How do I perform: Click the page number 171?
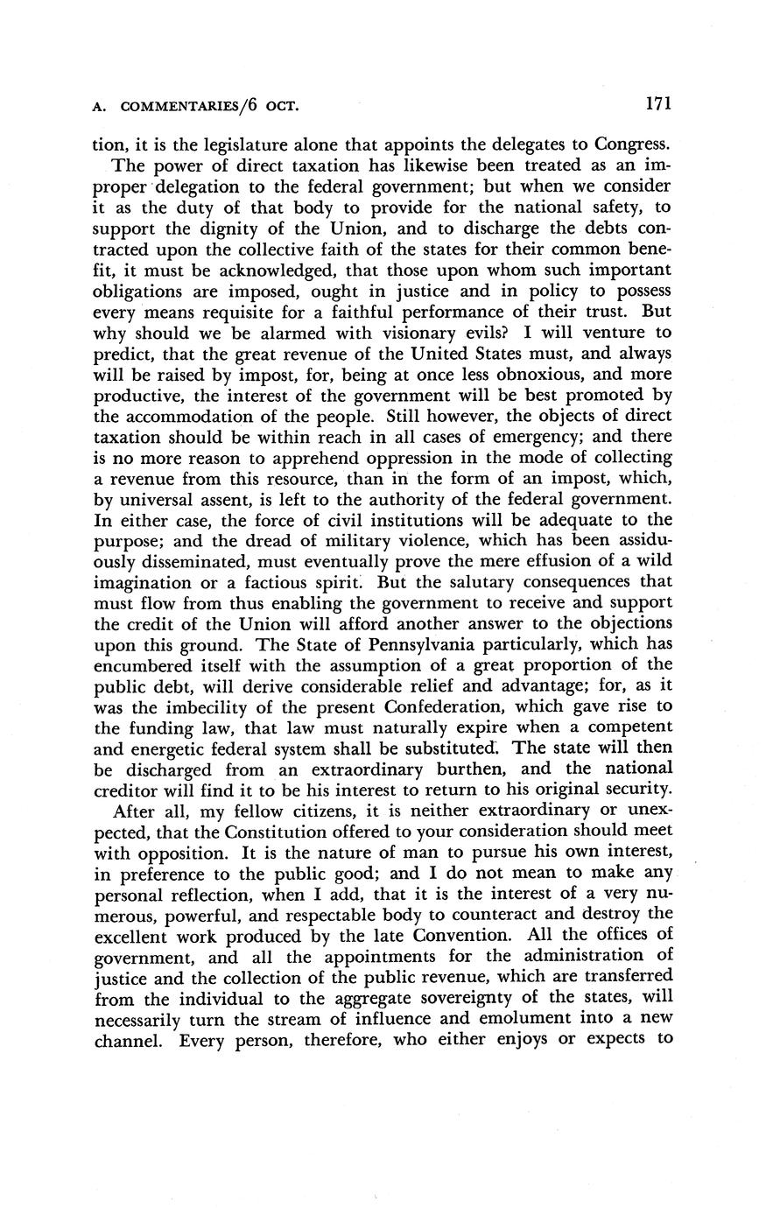click(x=657, y=104)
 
